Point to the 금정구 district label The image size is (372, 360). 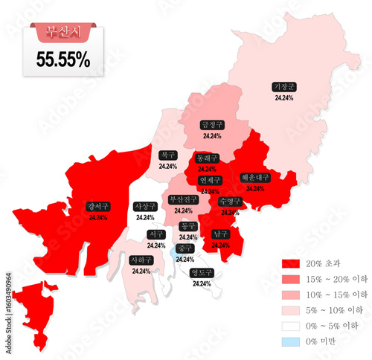(212, 126)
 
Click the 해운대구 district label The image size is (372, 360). (255, 178)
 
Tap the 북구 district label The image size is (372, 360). (167, 155)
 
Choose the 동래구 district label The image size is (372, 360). (207, 158)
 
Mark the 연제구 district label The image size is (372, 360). (210, 180)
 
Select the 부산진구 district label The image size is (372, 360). (183, 199)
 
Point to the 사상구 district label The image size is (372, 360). (145, 206)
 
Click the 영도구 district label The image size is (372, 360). (202, 272)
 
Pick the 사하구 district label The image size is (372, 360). (141, 260)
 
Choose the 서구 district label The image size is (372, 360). (156, 234)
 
